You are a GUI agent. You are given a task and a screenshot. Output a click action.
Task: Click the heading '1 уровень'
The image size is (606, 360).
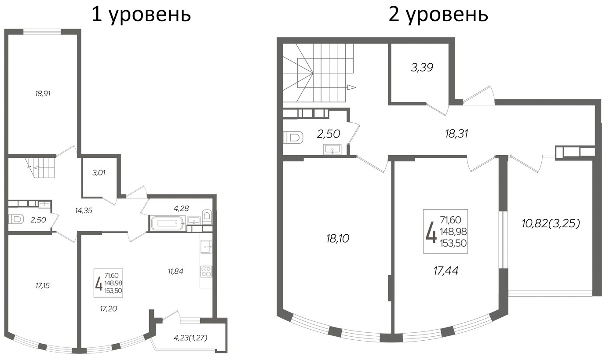(141, 15)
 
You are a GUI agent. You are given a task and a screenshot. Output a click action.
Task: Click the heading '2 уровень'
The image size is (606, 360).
(438, 15)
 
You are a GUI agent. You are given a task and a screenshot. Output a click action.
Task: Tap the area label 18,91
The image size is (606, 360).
(44, 94)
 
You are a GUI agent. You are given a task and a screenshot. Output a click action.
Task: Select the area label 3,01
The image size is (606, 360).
(99, 173)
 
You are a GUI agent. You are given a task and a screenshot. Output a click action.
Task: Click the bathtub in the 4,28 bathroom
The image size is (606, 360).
(167, 223)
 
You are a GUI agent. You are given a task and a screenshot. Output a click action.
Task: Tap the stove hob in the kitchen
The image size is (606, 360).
(206, 271)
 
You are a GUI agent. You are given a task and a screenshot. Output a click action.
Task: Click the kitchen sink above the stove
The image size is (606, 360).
(206, 247)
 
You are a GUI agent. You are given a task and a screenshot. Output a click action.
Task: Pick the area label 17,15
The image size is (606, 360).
(43, 286)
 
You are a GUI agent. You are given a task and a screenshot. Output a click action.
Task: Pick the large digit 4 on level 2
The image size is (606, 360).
(431, 232)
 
